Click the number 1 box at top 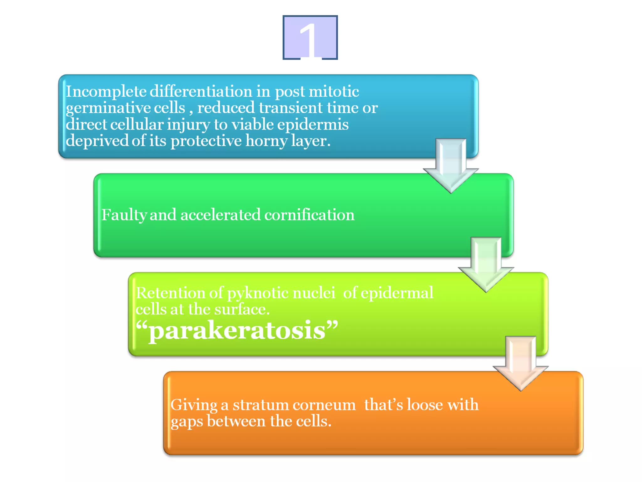tap(310, 37)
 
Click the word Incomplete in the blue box tap(106, 92)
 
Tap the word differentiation tap(201, 92)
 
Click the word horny tap(266, 141)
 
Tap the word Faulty tap(124, 215)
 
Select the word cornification tap(309, 215)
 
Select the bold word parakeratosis tap(237, 330)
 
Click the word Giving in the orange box tap(194, 405)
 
